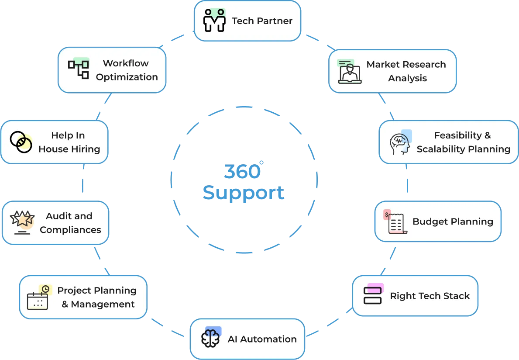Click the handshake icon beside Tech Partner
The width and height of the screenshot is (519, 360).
(x=214, y=21)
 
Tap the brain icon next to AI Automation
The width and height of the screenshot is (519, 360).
(x=210, y=338)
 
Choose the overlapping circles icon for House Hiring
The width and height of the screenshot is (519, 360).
(x=21, y=142)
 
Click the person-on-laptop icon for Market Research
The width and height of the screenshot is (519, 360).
(x=350, y=72)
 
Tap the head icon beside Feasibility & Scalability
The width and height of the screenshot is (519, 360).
(x=400, y=143)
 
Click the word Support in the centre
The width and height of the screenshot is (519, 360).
(x=244, y=193)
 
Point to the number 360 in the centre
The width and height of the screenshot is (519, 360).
(x=242, y=172)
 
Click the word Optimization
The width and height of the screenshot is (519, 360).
(x=127, y=77)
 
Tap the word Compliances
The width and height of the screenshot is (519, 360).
(x=70, y=230)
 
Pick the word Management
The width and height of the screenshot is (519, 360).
(x=103, y=304)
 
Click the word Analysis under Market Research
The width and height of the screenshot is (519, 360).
(x=407, y=78)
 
